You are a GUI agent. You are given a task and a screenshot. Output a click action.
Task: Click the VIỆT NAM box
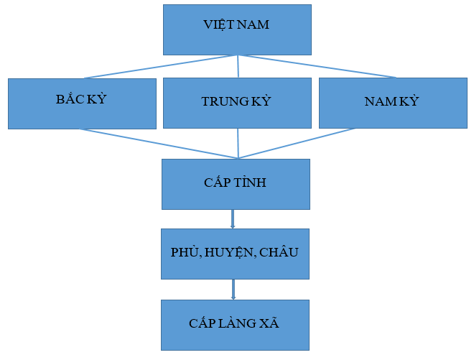[237, 29]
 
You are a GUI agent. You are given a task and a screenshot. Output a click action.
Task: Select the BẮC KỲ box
[82, 103]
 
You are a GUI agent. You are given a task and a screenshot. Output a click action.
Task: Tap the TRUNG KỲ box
[237, 103]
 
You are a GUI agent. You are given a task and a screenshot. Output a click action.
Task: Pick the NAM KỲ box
[393, 103]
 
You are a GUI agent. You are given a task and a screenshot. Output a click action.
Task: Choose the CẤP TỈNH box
[236, 183]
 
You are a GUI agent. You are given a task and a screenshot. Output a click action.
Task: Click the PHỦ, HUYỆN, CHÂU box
[235, 253]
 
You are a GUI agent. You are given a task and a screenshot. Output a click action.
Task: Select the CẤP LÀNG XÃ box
[234, 324]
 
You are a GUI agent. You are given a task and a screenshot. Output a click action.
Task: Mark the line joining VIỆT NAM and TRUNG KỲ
[238, 67]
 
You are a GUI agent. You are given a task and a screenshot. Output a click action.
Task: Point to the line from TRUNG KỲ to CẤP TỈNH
[238, 144]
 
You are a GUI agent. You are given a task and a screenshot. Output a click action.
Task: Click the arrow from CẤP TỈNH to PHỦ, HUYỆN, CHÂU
[233, 218]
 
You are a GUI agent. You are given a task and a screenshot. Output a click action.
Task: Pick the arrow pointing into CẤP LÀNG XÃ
[233, 290]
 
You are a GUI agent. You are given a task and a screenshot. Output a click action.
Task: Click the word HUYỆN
[229, 253]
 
